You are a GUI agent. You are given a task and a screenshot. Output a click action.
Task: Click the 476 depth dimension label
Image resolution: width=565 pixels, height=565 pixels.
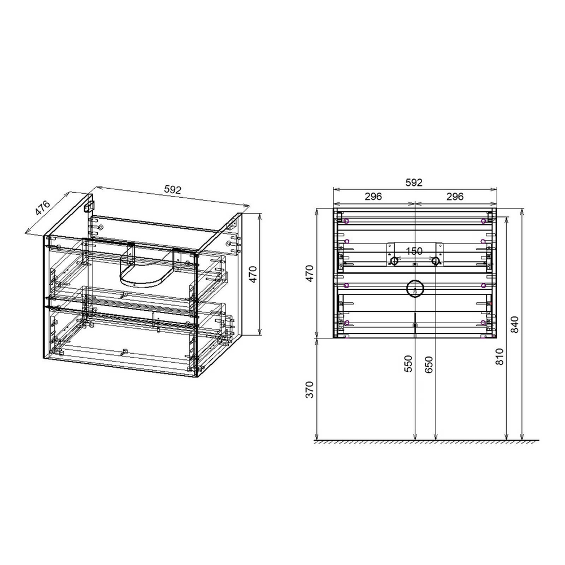point(42,207)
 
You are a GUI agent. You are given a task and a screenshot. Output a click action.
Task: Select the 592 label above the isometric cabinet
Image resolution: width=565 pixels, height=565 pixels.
point(172,190)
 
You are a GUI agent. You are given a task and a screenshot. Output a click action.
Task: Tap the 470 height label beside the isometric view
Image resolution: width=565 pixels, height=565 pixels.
point(254,274)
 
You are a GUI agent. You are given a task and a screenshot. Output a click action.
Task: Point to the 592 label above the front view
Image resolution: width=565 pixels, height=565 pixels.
point(414,182)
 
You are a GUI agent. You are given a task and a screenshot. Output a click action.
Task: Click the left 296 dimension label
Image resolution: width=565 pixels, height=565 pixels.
point(373,197)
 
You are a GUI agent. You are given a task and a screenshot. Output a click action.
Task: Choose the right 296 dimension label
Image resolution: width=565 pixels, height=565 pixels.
point(455,197)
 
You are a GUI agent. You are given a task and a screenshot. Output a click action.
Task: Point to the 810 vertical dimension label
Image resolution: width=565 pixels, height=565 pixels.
point(500,356)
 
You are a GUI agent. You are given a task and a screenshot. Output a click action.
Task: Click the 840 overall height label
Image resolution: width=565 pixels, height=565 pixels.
point(515,325)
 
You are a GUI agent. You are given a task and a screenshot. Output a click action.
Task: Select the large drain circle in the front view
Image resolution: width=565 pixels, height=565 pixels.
point(415,289)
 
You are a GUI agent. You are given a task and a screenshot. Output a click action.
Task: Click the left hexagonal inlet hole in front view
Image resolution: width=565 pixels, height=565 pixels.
point(394,261)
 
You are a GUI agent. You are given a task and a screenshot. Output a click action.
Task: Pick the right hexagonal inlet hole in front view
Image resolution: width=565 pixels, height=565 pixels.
point(435,261)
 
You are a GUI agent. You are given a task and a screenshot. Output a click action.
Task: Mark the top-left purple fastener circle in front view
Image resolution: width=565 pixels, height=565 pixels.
point(346,220)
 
